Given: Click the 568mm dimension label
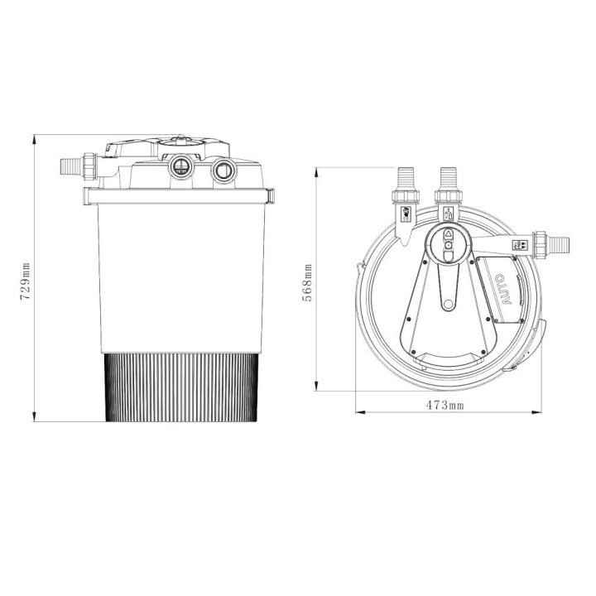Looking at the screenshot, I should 308,282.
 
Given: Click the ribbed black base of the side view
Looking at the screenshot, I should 180,386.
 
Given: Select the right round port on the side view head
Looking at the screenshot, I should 222,171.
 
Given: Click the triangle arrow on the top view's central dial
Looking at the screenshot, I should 447,234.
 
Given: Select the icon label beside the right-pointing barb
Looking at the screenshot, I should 521,245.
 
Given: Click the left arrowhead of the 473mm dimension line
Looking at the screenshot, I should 358,411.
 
